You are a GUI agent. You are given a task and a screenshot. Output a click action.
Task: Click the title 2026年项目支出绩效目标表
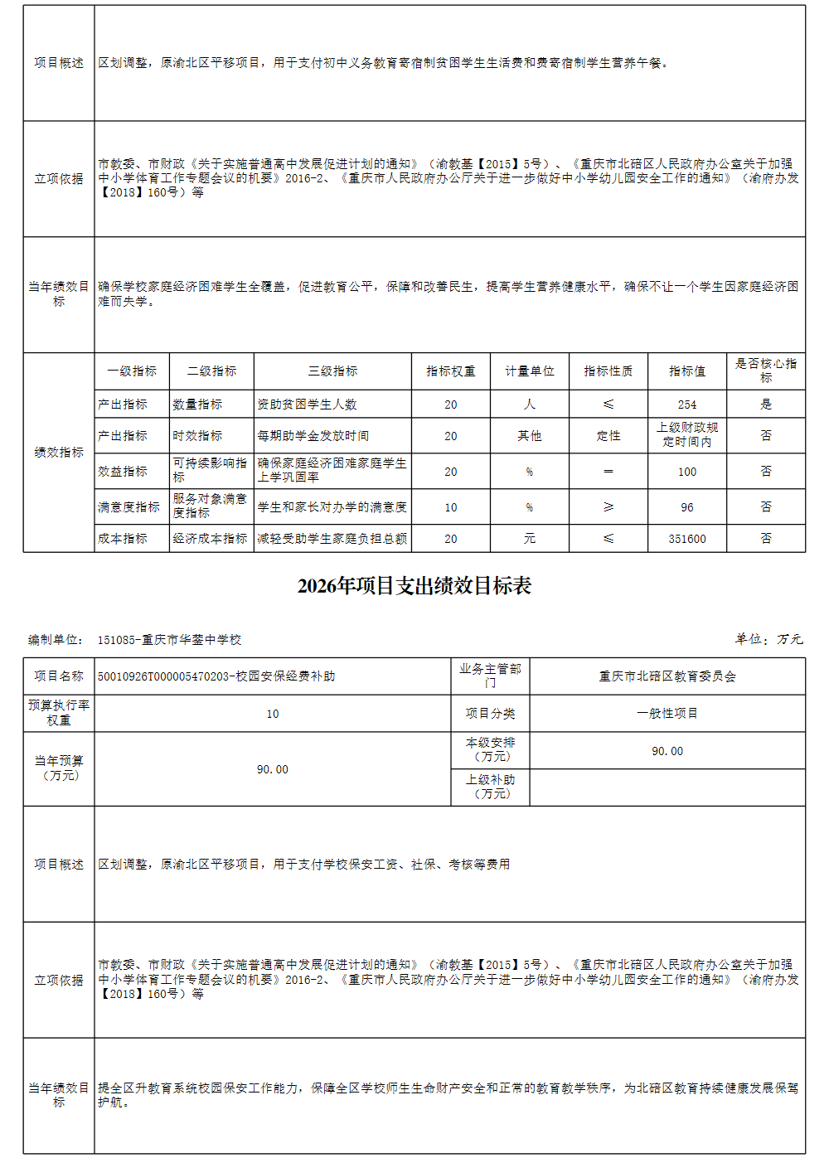tap(414, 586)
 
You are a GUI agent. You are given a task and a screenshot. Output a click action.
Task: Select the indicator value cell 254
tap(686, 405)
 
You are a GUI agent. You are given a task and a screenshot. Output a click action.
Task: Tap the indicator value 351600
tap(686, 539)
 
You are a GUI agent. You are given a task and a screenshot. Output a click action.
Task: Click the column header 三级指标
tap(332, 371)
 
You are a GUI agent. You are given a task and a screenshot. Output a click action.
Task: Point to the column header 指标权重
tap(450, 371)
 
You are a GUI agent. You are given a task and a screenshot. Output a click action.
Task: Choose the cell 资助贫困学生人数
tap(307, 405)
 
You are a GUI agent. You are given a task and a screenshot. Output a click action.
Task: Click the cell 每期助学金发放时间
tap(313, 436)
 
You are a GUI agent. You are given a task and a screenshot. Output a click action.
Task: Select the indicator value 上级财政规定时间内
tap(687, 435)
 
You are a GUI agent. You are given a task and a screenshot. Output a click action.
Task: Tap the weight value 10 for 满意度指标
tap(450, 507)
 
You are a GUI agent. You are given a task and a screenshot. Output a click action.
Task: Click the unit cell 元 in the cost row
tap(529, 539)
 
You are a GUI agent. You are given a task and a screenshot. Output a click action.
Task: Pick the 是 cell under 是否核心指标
tap(765, 405)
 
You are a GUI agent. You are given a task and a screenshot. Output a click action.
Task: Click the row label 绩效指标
tap(59, 453)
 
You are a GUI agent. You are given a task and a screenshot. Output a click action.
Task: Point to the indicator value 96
tap(686, 507)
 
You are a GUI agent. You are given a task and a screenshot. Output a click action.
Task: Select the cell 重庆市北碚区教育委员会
tap(667, 676)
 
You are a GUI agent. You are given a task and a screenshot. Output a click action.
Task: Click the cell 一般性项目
tap(667, 714)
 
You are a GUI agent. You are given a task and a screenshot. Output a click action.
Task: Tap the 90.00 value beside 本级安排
tap(667, 751)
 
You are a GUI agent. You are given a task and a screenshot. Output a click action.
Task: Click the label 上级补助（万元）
tap(490, 787)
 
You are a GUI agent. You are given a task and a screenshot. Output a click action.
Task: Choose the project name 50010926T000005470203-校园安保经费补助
tap(216, 676)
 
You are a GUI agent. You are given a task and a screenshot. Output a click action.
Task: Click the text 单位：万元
tap(768, 639)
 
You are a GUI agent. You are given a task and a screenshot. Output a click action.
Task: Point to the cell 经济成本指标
tap(210, 539)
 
